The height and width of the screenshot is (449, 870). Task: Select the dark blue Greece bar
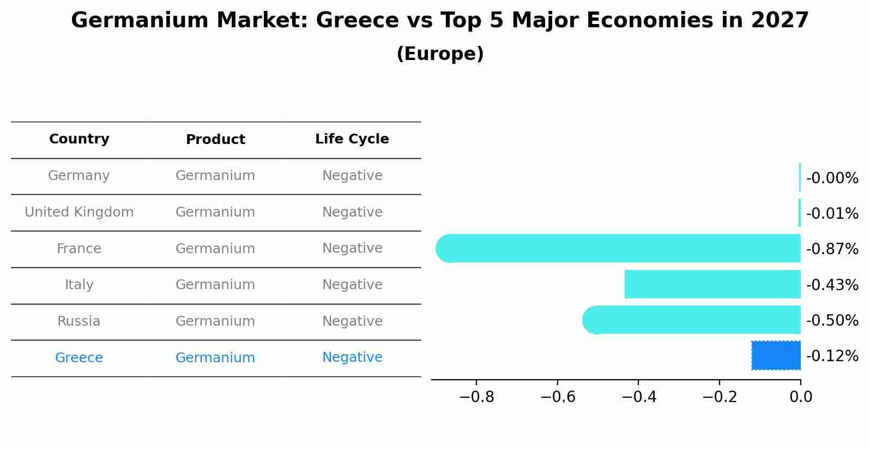click(776, 356)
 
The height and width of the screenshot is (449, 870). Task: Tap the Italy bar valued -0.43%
click(712, 284)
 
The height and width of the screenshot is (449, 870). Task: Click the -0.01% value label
click(832, 213)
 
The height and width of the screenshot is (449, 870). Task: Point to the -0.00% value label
click(832, 178)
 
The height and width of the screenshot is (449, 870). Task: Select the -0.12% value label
click(832, 356)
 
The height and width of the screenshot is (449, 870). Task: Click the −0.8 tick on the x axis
click(476, 397)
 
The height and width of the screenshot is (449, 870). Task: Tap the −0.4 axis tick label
click(638, 397)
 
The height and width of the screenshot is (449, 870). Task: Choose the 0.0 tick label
click(800, 397)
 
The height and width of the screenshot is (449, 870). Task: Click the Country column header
click(79, 139)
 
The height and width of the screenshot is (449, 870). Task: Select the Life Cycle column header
click(352, 139)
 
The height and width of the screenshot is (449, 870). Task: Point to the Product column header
click(215, 140)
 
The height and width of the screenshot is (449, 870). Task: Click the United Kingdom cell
click(79, 212)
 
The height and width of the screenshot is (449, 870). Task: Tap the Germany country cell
click(79, 176)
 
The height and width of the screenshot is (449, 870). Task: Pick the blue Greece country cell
click(79, 358)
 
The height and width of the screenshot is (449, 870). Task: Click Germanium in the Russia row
click(215, 321)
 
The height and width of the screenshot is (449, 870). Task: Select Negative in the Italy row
click(352, 285)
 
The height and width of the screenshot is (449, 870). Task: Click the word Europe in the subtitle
click(440, 54)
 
